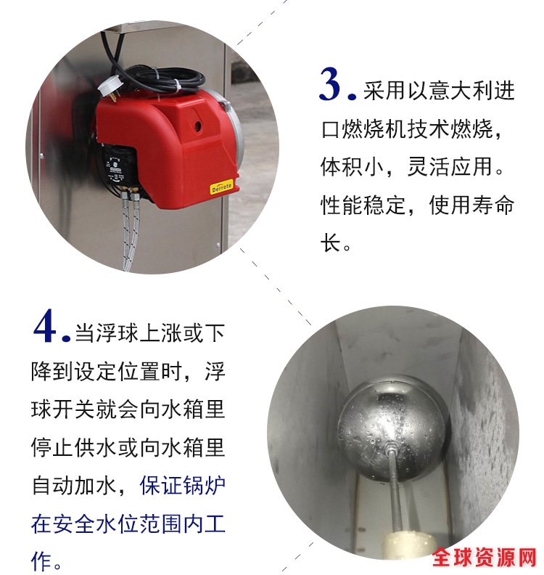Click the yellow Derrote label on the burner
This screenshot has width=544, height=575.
222,187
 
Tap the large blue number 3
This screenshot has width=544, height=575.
331,84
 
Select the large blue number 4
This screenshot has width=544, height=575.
45,326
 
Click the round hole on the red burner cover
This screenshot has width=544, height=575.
198,126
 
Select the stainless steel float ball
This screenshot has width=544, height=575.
392,427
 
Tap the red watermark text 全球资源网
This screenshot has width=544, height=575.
485,558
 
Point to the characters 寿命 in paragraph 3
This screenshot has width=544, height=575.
493,205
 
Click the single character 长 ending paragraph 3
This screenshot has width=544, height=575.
331,242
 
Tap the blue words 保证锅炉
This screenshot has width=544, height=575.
182,485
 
